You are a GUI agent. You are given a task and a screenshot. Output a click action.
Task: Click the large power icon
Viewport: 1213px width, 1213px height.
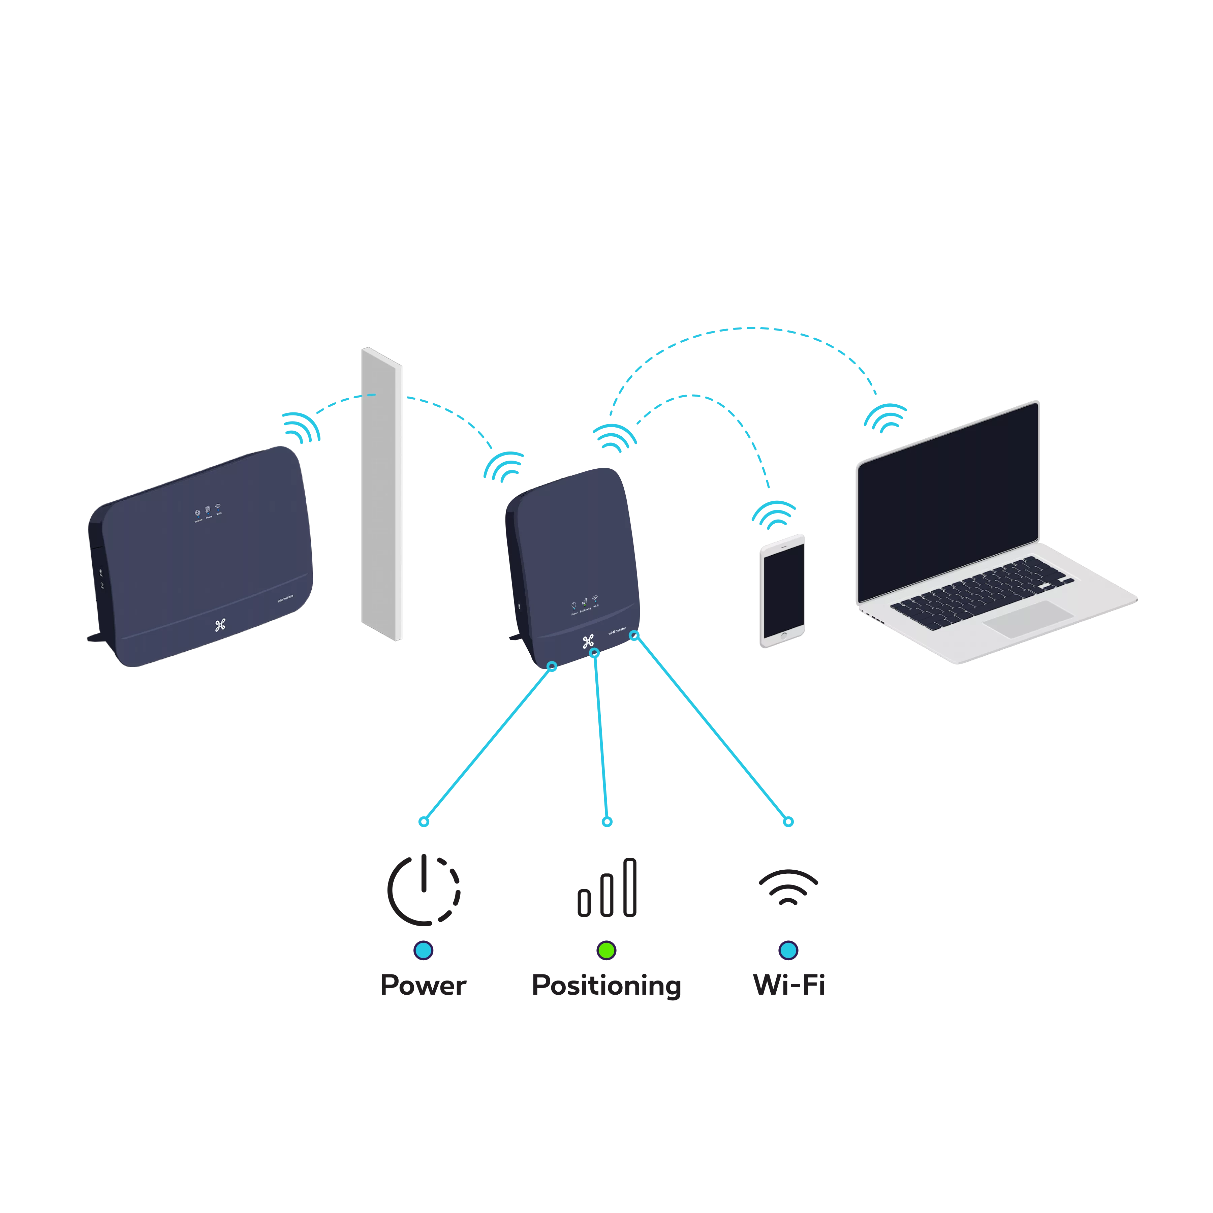(423, 889)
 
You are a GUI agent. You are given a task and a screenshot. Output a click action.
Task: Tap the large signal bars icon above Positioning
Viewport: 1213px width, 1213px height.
(607, 889)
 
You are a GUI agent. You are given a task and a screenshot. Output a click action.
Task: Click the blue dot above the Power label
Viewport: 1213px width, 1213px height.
(423, 950)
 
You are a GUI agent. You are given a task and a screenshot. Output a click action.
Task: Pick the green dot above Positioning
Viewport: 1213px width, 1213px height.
(606, 950)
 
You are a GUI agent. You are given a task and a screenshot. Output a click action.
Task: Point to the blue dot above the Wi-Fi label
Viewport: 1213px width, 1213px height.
(788, 950)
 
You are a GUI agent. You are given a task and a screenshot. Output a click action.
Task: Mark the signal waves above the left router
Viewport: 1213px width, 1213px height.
(301, 427)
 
